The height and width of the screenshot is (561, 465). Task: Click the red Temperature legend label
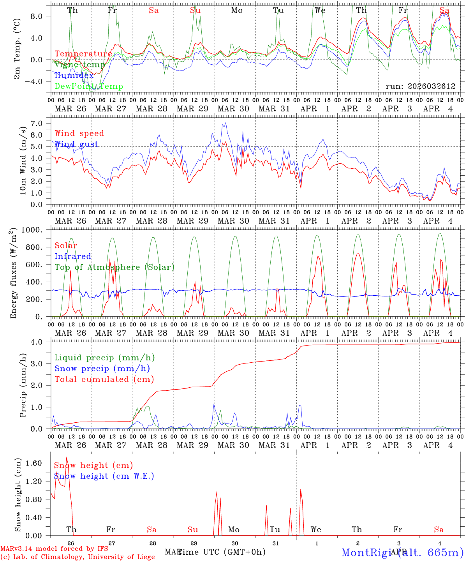(83, 54)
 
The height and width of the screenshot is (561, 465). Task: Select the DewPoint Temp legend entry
(89, 86)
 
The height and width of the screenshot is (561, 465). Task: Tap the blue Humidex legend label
(74, 75)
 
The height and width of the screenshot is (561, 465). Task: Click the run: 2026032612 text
(420, 86)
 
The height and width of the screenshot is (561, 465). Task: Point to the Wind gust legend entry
(76, 144)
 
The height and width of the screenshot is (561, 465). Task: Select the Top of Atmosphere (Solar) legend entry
(114, 267)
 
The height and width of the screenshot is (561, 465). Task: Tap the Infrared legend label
(73, 256)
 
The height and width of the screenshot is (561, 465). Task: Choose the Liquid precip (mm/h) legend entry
(104, 358)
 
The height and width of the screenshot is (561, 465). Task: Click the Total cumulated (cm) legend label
(104, 379)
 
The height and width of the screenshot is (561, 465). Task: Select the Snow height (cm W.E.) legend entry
(104, 476)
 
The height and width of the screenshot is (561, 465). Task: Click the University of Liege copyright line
(77, 557)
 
